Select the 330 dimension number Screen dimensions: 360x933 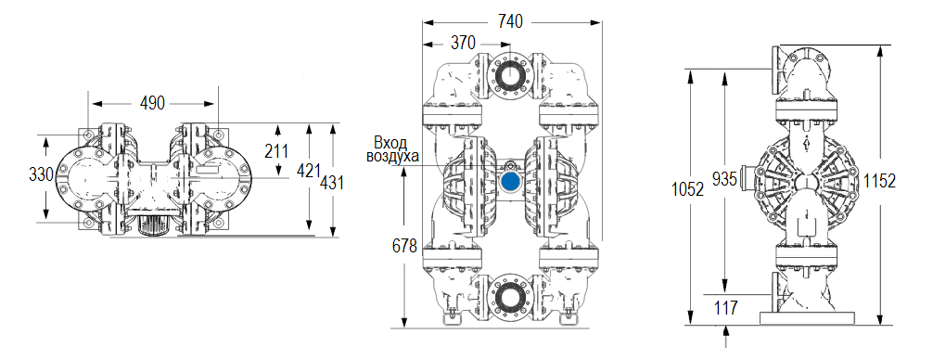(x=41, y=174)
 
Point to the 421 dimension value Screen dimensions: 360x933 (x=309, y=171)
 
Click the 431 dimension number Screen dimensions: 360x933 (x=331, y=183)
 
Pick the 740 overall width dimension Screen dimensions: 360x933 (x=510, y=19)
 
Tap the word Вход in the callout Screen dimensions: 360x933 (x=390, y=142)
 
